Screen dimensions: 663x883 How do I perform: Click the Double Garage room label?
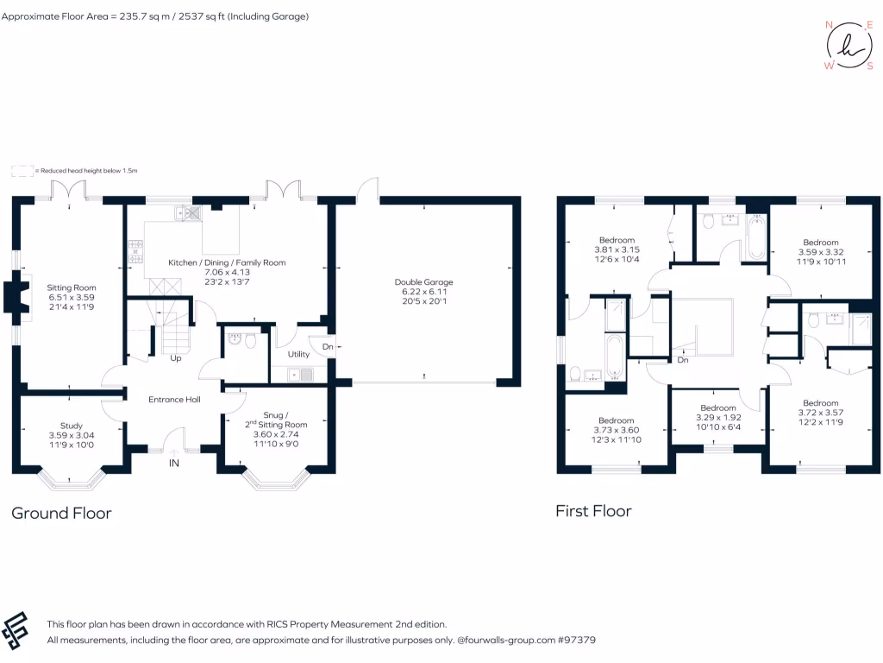click(x=423, y=282)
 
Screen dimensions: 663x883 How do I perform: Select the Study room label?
click(x=72, y=426)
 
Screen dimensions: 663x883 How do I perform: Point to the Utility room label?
click(x=298, y=354)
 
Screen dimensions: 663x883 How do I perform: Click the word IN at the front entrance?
click(x=173, y=464)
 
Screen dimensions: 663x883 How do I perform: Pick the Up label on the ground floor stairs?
click(x=175, y=357)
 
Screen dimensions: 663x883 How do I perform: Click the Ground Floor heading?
click(x=61, y=513)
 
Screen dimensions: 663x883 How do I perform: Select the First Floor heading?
click(x=593, y=511)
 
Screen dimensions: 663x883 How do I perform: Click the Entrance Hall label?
click(x=174, y=399)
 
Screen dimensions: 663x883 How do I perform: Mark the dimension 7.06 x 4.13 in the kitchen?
click(x=227, y=272)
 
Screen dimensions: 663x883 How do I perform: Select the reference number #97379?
click(x=577, y=641)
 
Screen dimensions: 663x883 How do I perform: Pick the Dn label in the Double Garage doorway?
click(x=328, y=347)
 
